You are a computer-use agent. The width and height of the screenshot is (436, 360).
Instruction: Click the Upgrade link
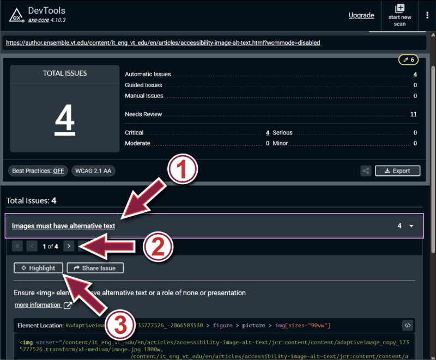click(361, 15)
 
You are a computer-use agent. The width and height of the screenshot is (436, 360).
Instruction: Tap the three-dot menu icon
click(427, 15)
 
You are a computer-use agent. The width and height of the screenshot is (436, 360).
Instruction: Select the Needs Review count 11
click(413, 114)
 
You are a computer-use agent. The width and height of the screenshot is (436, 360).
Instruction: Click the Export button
click(397, 170)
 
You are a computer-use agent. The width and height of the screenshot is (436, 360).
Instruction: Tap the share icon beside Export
click(366, 171)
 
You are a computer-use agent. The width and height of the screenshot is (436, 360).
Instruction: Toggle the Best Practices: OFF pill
click(38, 171)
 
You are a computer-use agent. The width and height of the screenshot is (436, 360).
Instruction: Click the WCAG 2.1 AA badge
click(93, 171)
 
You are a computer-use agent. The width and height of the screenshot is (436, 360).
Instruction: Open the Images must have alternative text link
click(63, 225)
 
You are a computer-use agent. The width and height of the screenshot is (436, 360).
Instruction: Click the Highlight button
click(39, 268)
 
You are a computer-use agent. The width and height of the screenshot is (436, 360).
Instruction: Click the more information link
click(38, 305)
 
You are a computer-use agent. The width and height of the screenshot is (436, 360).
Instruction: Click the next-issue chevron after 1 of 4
click(69, 246)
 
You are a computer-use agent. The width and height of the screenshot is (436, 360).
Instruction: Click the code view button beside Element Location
click(408, 325)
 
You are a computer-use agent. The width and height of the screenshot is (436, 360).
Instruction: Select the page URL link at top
click(162, 42)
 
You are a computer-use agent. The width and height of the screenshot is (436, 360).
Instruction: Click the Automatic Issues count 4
click(415, 74)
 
